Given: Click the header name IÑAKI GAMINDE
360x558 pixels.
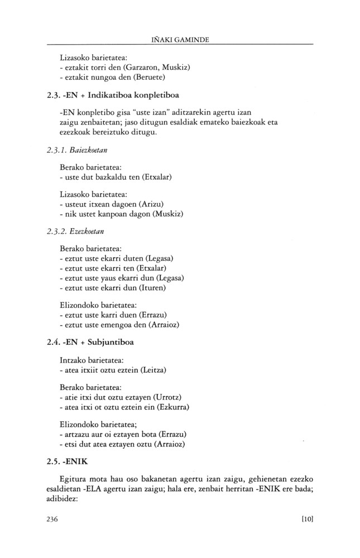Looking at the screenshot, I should click(x=180, y=40).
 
